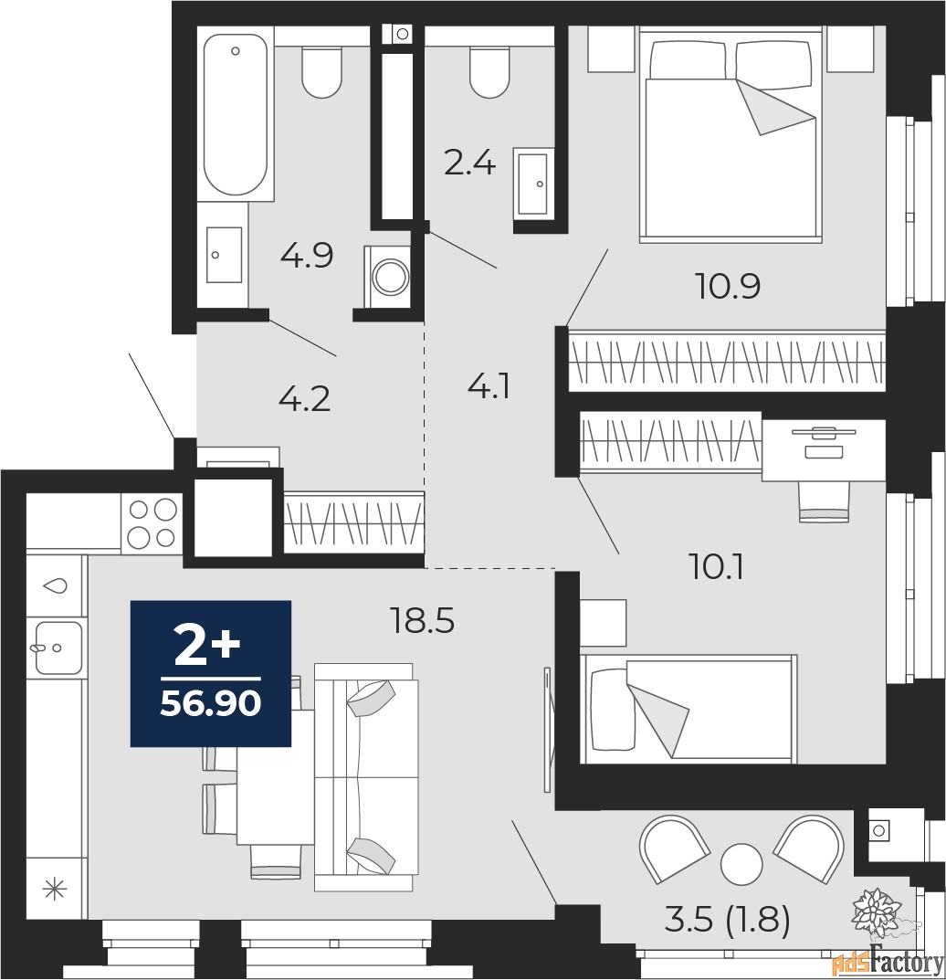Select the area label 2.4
click(470, 163)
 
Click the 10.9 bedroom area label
click(728, 288)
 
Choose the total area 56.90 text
click(211, 704)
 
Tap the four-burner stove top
click(152, 523)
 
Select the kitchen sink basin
click(58, 648)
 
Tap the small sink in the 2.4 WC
click(531, 184)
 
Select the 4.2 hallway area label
click(304, 399)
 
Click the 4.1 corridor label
click(489, 387)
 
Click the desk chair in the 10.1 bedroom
click(825, 501)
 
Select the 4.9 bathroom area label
click(306, 257)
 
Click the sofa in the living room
click(365, 776)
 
